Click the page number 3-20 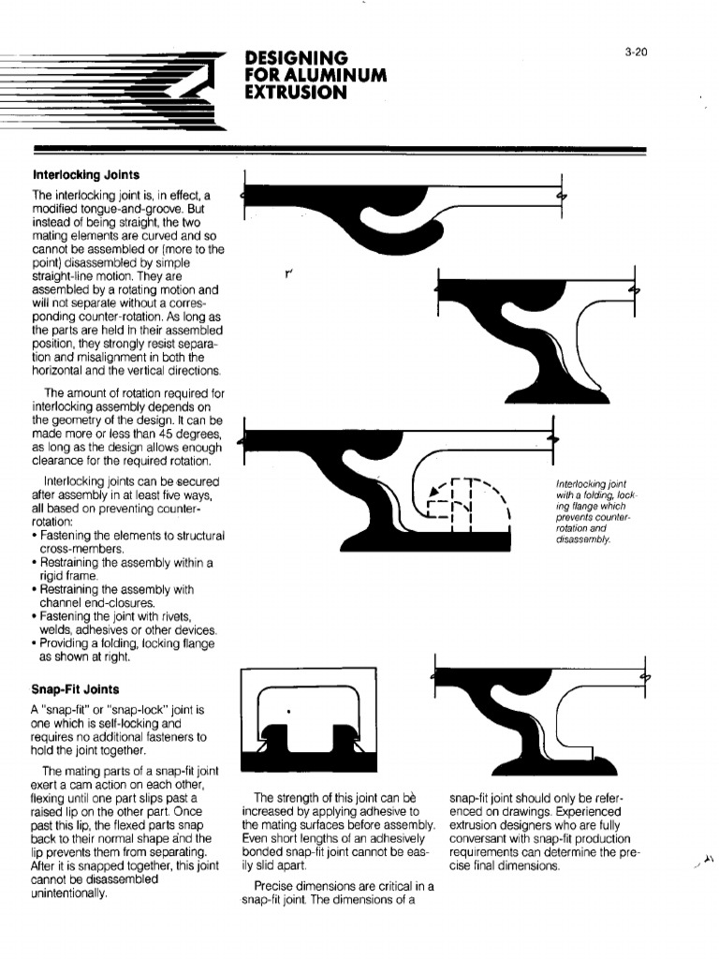click(x=636, y=52)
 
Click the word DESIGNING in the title click(x=296, y=58)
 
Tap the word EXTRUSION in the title click(x=296, y=92)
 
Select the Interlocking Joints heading click(x=86, y=175)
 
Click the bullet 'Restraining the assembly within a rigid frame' click(x=125, y=568)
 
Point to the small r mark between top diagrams click(x=290, y=274)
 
